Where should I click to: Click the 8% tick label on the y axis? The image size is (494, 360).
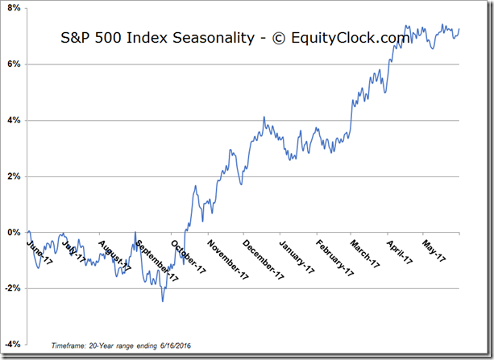pos(14,7)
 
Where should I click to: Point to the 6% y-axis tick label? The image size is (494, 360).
pos(14,64)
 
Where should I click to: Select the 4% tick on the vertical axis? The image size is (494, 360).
pos(14,120)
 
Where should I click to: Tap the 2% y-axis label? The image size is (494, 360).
pos(14,176)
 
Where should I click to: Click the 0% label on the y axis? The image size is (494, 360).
pos(14,233)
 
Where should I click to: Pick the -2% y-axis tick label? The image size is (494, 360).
pos(12,288)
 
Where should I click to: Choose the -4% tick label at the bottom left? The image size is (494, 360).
pos(12,345)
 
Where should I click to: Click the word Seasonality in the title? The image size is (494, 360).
pos(182,37)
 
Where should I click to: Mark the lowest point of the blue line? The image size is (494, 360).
pos(163,301)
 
